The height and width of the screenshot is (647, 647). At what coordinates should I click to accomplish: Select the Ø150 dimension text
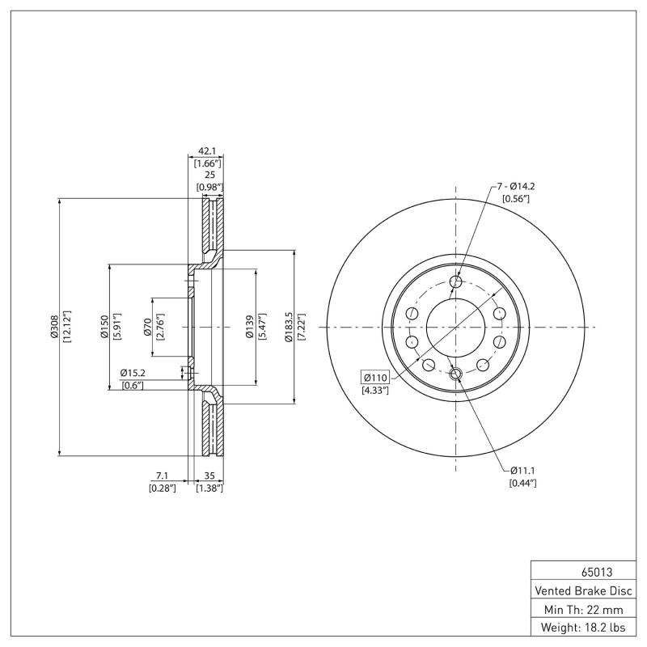click(104, 327)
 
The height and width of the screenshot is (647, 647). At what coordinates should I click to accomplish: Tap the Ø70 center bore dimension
click(148, 327)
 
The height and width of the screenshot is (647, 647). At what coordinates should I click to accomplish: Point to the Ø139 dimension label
click(249, 327)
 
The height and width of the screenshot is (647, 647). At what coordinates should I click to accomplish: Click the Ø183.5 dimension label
click(289, 327)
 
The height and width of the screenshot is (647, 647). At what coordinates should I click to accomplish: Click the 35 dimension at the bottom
click(209, 476)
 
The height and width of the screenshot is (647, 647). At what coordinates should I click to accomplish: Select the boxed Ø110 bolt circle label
click(376, 378)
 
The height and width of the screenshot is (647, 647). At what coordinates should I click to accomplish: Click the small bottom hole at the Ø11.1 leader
click(455, 374)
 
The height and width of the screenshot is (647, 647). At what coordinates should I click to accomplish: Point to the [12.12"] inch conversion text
click(67, 327)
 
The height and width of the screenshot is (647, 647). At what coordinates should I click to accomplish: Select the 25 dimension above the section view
click(209, 175)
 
